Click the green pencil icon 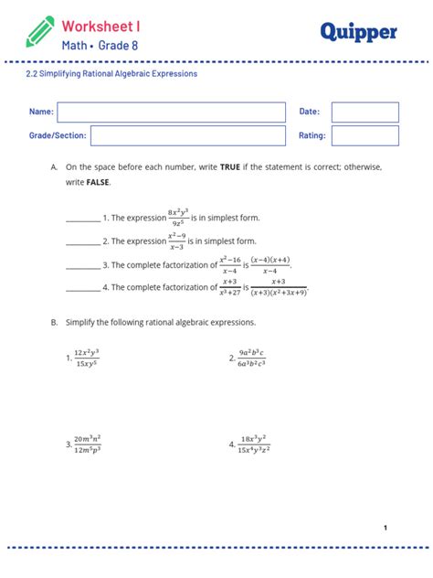pyautogui.click(x=40, y=30)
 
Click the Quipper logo pyautogui.click(x=358, y=32)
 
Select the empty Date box pyautogui.click(x=364, y=112)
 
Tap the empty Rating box pyautogui.click(x=364, y=135)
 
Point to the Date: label pyautogui.click(x=309, y=112)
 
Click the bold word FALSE pyautogui.click(x=98, y=183)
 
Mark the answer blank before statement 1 pyautogui.click(x=83, y=219)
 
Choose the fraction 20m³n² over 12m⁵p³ pyautogui.click(x=88, y=444)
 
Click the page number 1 pyautogui.click(x=385, y=528)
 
